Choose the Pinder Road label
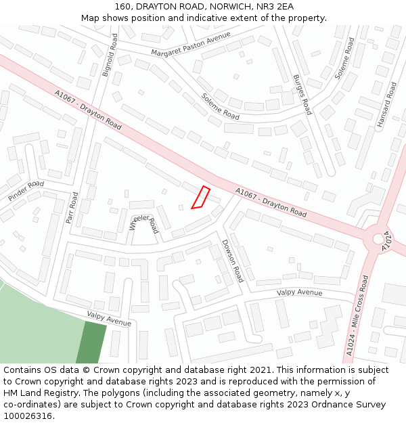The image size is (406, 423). (x=26, y=190)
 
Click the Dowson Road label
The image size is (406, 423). (x=232, y=261)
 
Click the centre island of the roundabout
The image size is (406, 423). (x=377, y=238)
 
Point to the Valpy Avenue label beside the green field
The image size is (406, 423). (x=109, y=318)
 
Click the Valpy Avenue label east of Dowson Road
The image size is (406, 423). (x=299, y=292)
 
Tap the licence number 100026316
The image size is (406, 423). (x=27, y=416)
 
